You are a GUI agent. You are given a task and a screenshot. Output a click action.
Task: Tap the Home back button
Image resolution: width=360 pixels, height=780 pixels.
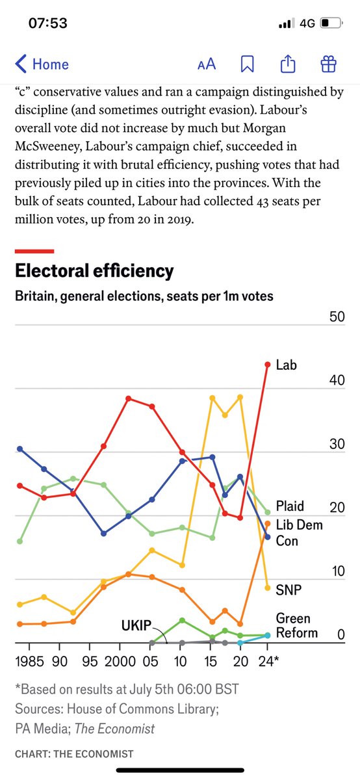42,64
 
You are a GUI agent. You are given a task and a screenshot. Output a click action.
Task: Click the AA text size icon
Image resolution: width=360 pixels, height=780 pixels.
207,64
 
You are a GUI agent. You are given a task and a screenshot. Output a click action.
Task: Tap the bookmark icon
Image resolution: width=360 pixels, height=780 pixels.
247,64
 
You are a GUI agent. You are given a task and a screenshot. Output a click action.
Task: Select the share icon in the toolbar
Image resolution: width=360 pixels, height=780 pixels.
288,64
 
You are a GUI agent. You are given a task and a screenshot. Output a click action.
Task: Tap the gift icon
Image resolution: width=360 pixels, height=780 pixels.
328,64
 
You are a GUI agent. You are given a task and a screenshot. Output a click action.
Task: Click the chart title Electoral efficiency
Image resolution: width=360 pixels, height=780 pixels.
94,271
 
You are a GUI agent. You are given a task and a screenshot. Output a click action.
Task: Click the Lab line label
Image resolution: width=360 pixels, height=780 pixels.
286,365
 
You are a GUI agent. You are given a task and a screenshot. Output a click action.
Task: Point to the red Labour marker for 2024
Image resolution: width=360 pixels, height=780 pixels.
267,365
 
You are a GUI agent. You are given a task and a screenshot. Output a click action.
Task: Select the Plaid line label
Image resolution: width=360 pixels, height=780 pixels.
290,506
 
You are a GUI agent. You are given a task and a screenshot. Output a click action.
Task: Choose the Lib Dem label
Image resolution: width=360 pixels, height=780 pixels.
299,525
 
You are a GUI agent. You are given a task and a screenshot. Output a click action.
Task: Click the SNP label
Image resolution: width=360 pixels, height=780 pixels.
289,590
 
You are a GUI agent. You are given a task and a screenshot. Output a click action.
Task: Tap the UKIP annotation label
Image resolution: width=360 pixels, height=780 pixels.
136,626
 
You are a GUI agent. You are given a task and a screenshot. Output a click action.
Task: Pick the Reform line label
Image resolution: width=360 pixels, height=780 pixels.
296,632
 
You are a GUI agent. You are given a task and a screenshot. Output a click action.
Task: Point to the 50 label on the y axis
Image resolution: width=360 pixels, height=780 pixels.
337,317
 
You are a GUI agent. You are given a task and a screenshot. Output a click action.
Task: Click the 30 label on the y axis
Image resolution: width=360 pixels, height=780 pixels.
337,444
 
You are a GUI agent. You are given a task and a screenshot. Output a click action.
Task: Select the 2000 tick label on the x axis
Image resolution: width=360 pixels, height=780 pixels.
120,661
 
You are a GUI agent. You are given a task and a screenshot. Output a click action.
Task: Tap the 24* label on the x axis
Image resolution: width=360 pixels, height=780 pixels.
268,661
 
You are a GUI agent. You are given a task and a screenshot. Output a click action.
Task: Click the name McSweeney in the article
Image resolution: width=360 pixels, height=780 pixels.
48,146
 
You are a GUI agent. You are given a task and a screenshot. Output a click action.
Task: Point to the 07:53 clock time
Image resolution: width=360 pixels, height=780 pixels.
47,23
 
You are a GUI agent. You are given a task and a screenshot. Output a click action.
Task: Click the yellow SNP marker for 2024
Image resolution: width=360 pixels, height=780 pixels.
267,588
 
